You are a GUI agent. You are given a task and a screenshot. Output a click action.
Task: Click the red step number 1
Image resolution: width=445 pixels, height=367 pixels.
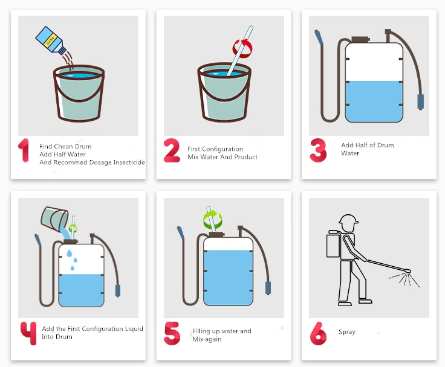click(24, 150)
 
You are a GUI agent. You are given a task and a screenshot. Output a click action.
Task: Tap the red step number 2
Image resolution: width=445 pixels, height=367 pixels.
click(172, 150)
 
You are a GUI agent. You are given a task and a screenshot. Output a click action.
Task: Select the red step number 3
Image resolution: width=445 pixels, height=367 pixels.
click(318, 150)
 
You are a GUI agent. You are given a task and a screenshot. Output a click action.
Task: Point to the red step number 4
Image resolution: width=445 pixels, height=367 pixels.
click(28, 333)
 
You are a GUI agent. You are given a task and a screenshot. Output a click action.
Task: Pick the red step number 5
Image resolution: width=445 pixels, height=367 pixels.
click(172, 333)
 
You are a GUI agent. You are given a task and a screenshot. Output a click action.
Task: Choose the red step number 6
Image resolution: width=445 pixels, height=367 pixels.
click(318, 333)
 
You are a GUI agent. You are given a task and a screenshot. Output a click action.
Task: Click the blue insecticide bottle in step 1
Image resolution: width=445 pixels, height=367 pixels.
click(51, 40)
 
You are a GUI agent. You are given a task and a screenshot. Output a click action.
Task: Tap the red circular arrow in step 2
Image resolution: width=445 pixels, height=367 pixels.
click(242, 48)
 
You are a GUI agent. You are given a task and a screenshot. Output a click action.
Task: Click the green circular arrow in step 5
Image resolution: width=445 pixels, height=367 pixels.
click(213, 219)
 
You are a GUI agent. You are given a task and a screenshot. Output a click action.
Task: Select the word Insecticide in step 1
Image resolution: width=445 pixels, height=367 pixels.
click(129, 162)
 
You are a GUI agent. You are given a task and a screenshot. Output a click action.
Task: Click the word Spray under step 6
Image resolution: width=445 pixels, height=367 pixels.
click(347, 332)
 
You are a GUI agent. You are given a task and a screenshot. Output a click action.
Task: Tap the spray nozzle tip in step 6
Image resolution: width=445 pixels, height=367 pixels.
click(409, 271)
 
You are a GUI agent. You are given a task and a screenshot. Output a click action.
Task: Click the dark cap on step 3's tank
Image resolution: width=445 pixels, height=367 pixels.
click(360, 39)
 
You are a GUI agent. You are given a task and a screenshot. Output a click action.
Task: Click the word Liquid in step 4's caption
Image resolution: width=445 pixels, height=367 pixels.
click(134, 329)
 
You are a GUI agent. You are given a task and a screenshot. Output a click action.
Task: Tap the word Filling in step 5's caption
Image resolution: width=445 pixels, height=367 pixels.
click(201, 331)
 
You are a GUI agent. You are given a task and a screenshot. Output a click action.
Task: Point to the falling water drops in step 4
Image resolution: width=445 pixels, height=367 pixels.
click(72, 260)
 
